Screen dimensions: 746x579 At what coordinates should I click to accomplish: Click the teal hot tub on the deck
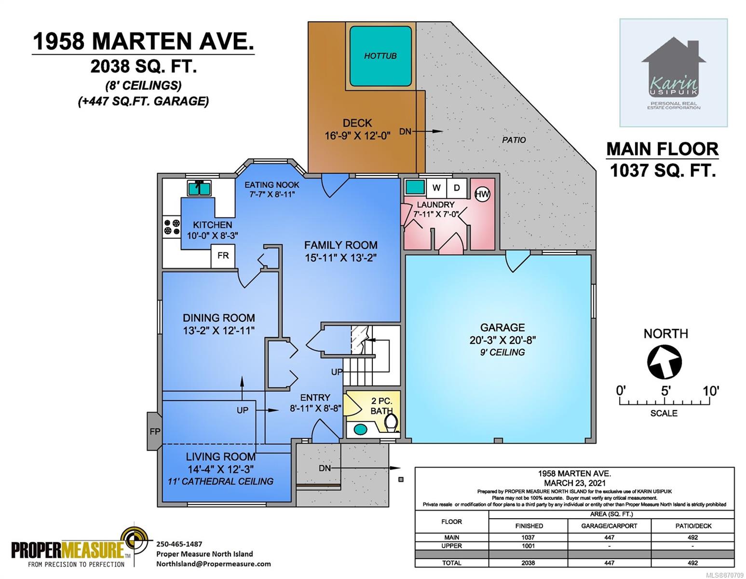[x=380, y=56]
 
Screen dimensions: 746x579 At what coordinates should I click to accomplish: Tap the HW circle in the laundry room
[x=482, y=194]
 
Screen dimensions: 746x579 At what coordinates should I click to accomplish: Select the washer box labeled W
[x=436, y=188]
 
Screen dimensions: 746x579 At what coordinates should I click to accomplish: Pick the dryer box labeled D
[x=457, y=188]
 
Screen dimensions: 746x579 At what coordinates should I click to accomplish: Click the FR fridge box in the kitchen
[x=223, y=256]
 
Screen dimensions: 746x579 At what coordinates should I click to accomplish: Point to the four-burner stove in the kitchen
[x=172, y=227]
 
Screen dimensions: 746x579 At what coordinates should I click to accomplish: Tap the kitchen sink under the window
[x=199, y=188]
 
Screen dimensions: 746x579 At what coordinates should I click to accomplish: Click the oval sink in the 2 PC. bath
[x=360, y=429]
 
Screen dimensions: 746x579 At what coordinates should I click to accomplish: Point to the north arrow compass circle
[x=664, y=361]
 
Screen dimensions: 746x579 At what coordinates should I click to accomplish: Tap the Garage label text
[x=502, y=327]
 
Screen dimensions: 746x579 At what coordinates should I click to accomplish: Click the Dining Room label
[x=218, y=317]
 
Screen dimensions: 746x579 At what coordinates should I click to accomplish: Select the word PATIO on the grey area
[x=514, y=140]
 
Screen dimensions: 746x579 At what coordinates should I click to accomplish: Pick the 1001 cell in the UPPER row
[x=528, y=546]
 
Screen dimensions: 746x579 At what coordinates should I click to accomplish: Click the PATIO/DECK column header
[x=693, y=526]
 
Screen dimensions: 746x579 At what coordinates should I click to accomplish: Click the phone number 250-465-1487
[x=179, y=544]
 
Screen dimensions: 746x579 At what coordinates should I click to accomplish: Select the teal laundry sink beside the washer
[x=415, y=187]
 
